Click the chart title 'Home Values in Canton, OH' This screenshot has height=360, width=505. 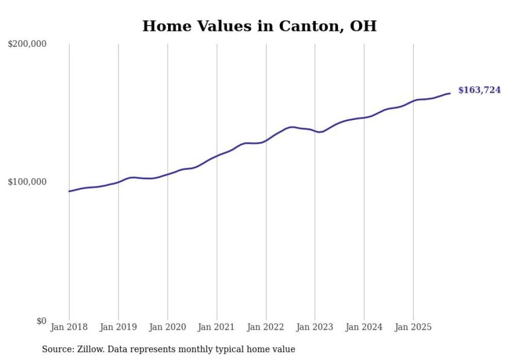click(x=259, y=26)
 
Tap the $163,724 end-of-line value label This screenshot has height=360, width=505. click(x=479, y=90)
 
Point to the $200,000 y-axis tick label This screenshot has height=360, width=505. click(x=27, y=44)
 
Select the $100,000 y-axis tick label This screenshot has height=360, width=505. click(x=27, y=182)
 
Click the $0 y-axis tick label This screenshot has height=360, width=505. click(x=41, y=321)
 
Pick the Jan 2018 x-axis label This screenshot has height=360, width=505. click(x=69, y=327)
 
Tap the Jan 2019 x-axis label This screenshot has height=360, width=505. click(x=118, y=327)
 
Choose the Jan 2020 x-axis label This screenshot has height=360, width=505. click(x=167, y=327)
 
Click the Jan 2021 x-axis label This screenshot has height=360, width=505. click(x=216, y=327)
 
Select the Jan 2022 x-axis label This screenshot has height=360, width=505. click(x=266, y=327)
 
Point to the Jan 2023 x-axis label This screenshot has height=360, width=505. click(x=315, y=327)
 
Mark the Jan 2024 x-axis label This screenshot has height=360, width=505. click(x=364, y=327)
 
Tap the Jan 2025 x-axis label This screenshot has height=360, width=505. click(x=413, y=327)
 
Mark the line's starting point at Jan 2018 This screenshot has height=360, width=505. click(x=70, y=191)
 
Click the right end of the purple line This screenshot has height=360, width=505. click(x=449, y=93)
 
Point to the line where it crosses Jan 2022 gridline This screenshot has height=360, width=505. click(x=266, y=140)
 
